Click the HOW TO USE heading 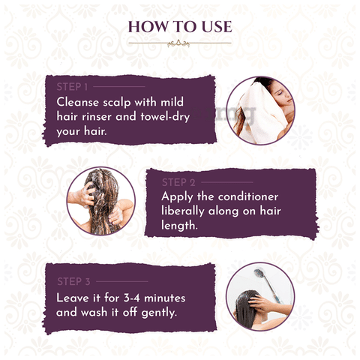(x=180, y=27)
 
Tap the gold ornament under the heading (x=178, y=44)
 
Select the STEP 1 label (x=72, y=87)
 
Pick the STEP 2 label (x=178, y=182)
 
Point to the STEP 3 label (x=73, y=281)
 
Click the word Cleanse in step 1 (x=78, y=102)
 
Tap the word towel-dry (x=165, y=117)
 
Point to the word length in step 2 (x=179, y=226)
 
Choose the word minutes (x=165, y=298)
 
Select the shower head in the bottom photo (x=259, y=273)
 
